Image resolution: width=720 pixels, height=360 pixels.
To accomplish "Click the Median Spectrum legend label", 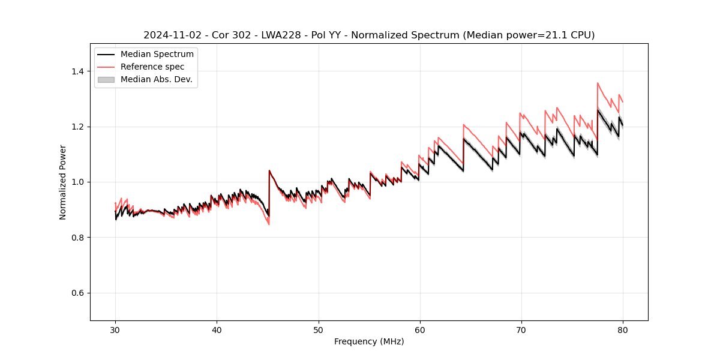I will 157,55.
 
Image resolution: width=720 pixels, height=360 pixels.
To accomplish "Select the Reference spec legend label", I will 152,67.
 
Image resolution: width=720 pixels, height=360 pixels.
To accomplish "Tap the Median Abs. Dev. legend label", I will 157,79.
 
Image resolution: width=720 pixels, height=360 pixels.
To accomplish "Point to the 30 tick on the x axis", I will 115,329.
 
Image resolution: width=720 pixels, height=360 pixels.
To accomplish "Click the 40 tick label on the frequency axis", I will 217,329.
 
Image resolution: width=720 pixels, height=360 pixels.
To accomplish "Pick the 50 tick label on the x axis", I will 318,329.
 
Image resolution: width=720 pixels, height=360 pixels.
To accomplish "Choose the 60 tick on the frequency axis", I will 420,329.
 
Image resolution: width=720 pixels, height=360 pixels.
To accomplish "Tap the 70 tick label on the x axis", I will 521,329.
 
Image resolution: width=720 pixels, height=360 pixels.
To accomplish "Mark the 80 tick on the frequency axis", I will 623,329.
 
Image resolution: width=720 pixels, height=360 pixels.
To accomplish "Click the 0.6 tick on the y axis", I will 78,293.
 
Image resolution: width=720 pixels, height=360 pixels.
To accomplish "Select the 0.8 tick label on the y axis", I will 78,238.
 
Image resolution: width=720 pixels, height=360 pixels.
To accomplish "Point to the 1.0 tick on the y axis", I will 78,182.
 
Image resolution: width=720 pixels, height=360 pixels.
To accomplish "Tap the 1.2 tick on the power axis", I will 78,127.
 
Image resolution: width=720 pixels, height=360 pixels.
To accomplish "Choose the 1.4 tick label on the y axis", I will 78,71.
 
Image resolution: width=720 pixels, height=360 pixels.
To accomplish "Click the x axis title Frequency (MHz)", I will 369,341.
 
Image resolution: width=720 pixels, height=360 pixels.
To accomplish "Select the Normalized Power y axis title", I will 63,182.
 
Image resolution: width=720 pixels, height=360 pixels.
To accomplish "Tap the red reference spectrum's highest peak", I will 598,83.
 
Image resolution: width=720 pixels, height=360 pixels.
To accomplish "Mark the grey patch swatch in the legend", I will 106,79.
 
